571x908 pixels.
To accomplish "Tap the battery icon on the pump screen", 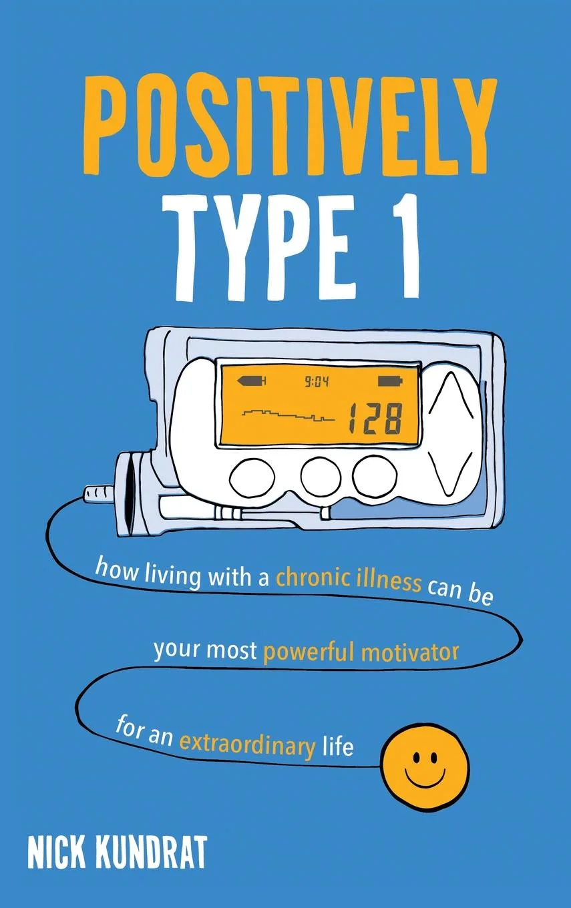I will point(391,382).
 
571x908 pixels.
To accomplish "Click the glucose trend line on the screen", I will point(287,415).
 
